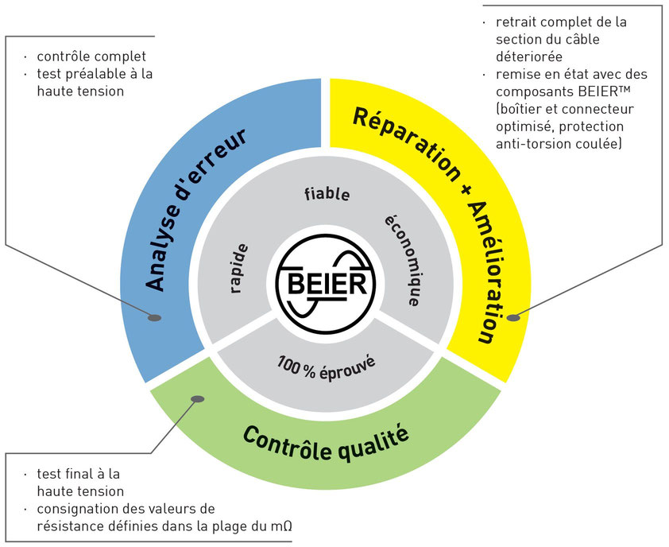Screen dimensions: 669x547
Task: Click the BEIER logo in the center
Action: (326, 284)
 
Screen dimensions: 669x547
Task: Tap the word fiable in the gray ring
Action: (327, 194)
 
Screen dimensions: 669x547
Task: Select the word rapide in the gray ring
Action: (238, 268)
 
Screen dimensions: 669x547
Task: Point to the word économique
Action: (404, 260)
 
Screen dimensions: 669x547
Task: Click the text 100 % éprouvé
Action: (327, 367)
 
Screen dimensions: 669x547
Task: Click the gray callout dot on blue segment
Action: (154, 318)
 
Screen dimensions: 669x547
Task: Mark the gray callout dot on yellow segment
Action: (513, 317)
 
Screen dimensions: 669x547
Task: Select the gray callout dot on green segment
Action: (197, 399)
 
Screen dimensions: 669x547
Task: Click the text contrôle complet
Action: (91, 56)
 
